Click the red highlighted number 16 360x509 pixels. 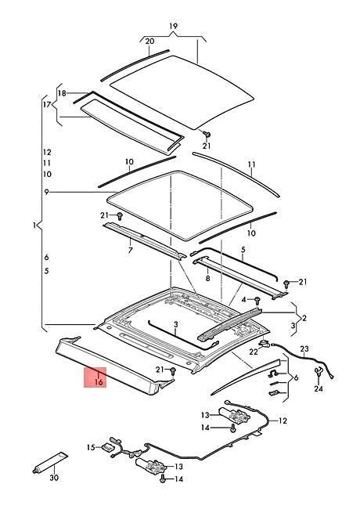[x=99, y=382]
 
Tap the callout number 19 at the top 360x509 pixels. [x=174, y=26]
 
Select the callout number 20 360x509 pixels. [x=149, y=42]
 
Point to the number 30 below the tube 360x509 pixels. [x=55, y=478]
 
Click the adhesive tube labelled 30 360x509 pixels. [x=50, y=461]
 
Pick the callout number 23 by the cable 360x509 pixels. [x=304, y=349]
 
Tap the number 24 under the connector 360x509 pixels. [x=319, y=388]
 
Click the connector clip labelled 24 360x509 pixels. [x=319, y=373]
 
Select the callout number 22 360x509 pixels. [x=254, y=352]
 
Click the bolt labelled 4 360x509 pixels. [x=257, y=300]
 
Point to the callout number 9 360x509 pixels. [x=47, y=192]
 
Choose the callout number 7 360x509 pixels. [x=131, y=251]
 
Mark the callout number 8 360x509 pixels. [x=207, y=278]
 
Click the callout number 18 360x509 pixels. [x=62, y=93]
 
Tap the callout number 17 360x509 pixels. [x=47, y=104]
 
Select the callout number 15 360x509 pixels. [x=91, y=447]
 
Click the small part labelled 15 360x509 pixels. [x=106, y=447]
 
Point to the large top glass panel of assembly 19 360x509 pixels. [x=182, y=92]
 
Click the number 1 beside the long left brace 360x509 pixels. [x=34, y=225]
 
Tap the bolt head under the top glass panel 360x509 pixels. [x=207, y=134]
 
